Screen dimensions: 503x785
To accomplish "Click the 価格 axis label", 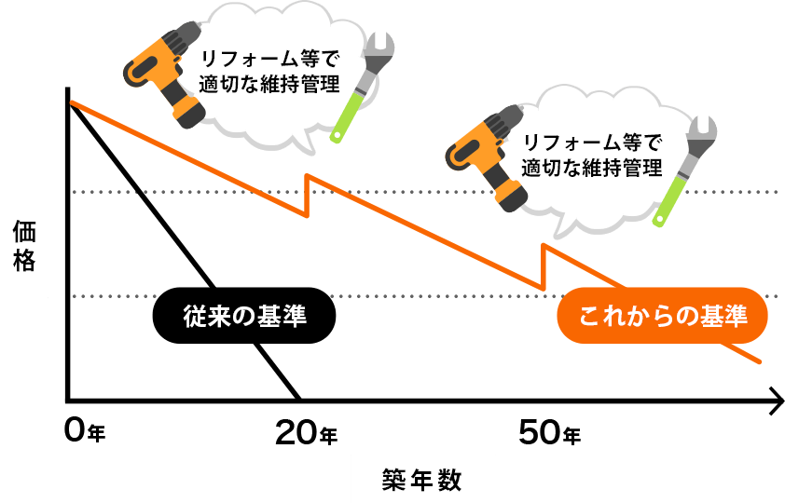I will tap(24, 245).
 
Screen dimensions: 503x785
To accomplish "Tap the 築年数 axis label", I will tap(422, 480).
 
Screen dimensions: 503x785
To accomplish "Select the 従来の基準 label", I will tap(245, 317).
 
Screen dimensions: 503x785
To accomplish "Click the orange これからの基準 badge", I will tap(662, 318).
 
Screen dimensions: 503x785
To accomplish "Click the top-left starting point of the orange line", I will tap(73, 102).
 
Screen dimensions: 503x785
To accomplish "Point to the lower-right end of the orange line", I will tap(761, 361).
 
